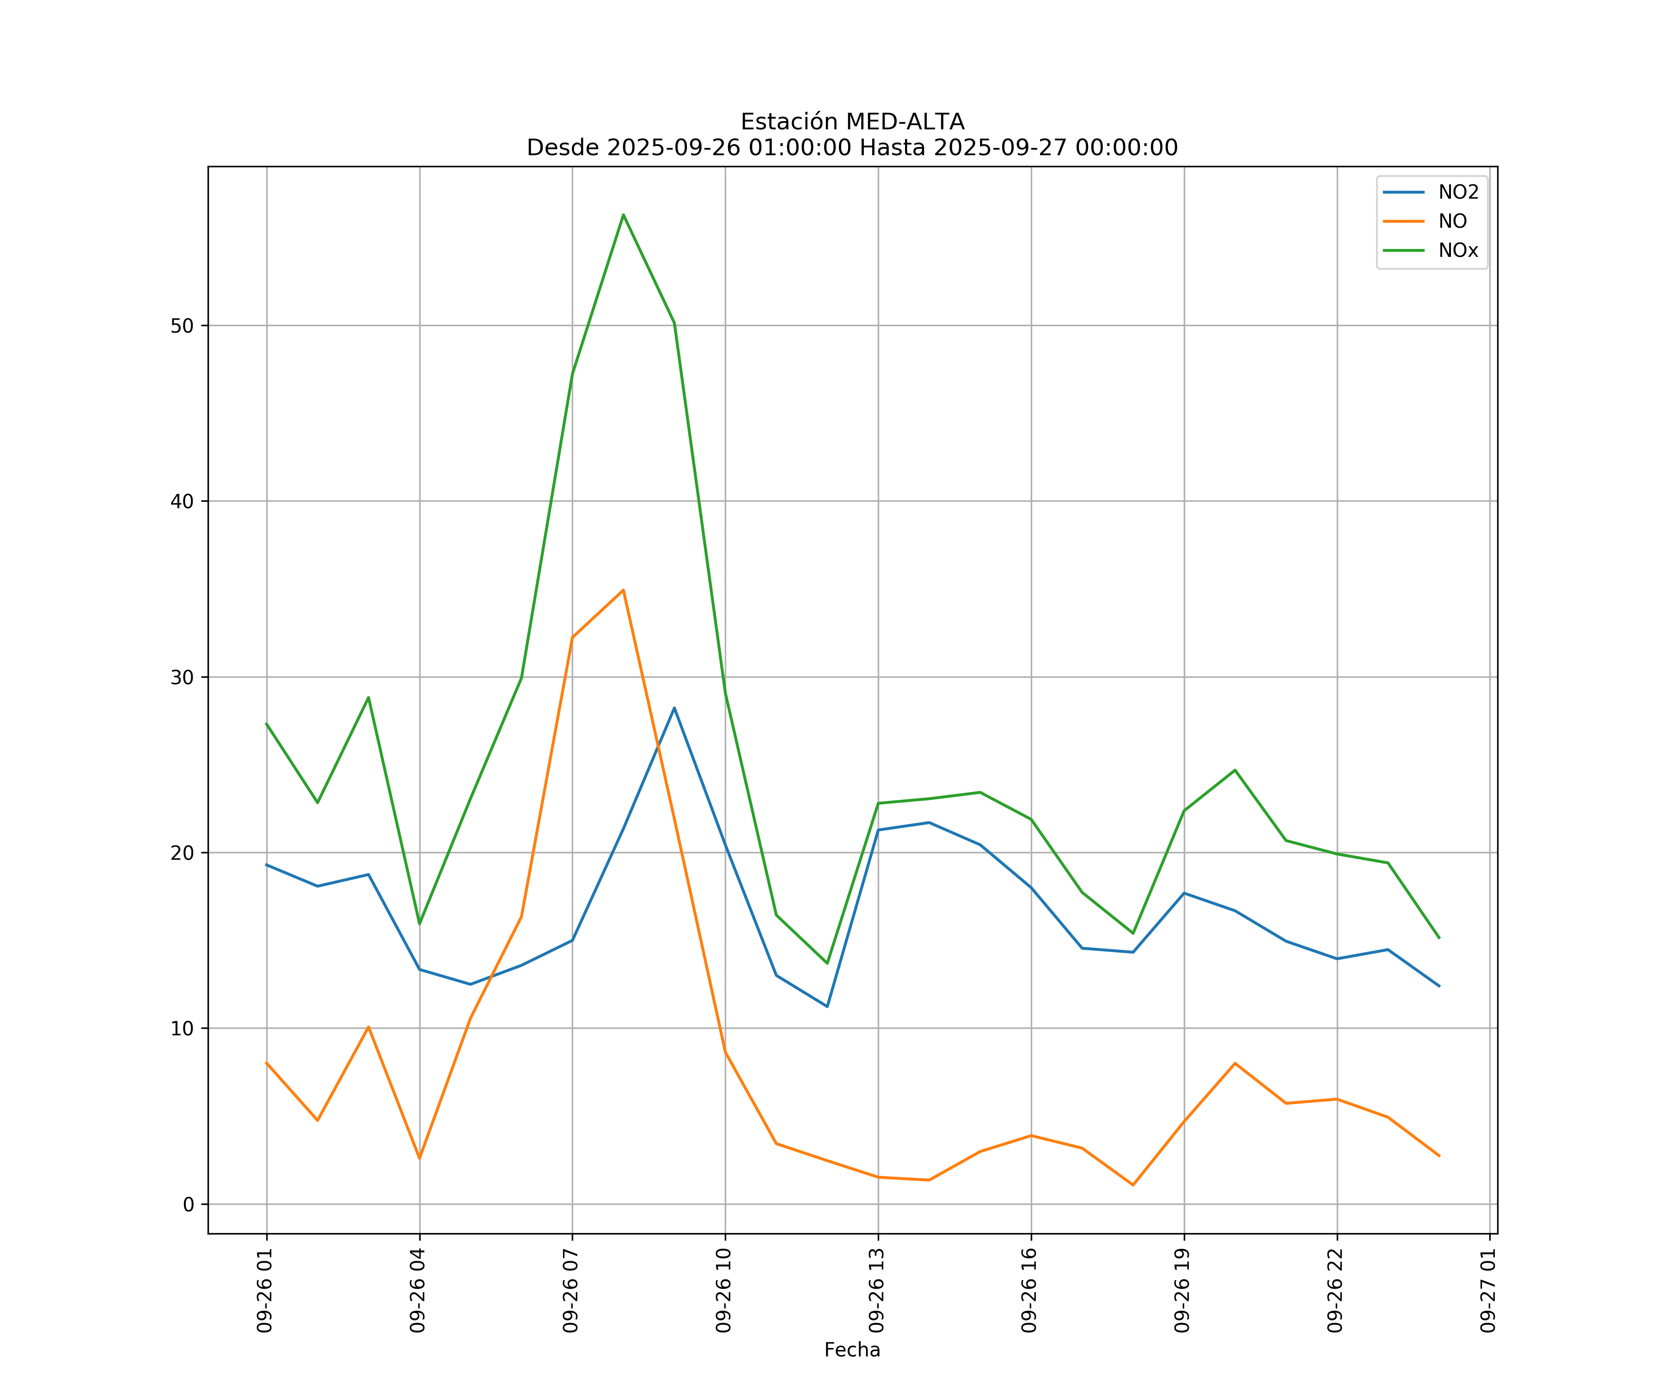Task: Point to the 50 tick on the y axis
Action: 182,326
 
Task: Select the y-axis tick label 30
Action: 182,677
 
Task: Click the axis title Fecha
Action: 852,1350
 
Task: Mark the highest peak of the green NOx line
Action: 624,215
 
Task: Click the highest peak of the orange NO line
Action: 624,590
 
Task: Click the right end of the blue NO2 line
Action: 1439,986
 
